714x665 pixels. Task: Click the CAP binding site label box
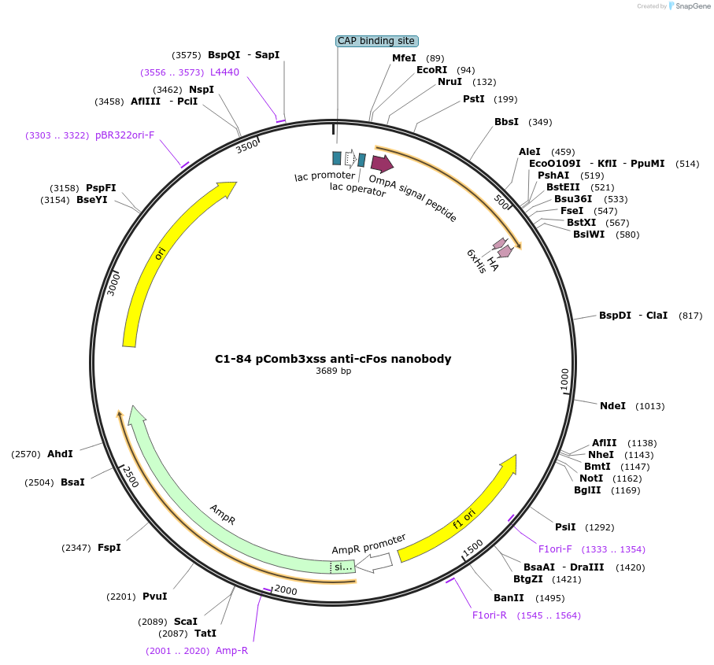(376, 41)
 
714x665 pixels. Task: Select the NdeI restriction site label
(612, 406)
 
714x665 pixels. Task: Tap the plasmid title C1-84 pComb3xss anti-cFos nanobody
(333, 359)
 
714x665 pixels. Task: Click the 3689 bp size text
(333, 371)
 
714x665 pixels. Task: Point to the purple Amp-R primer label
(232, 651)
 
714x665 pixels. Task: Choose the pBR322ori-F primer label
(124, 135)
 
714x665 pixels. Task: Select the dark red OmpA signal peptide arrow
(382, 164)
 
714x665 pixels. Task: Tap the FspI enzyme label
(109, 547)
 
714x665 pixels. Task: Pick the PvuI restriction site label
(155, 597)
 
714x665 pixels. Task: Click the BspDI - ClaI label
(633, 316)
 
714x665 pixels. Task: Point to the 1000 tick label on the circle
(564, 379)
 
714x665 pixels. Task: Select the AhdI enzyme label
(60, 454)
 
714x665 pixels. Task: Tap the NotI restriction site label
(590, 478)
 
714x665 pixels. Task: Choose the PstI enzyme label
(473, 99)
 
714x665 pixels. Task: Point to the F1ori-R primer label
(490, 615)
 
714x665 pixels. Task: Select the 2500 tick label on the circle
(129, 476)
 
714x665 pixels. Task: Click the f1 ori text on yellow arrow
(464, 520)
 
